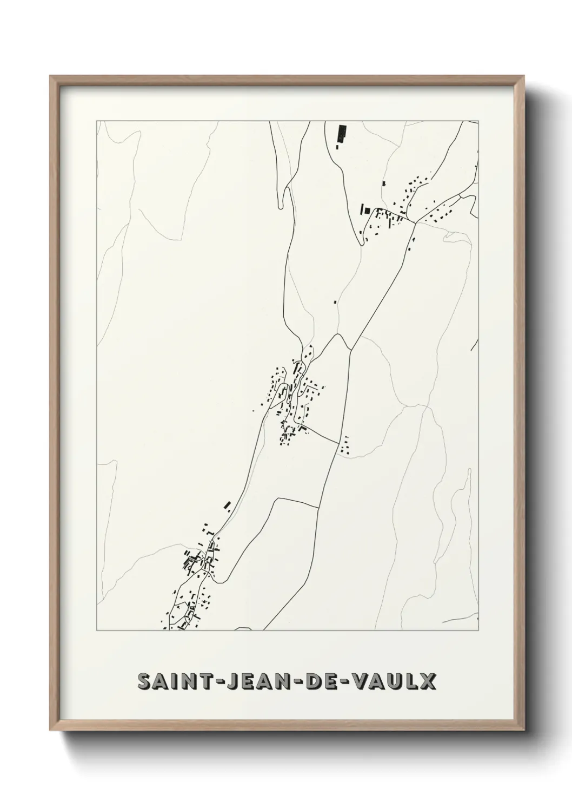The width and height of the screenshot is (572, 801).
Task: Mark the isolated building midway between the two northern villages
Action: [335, 301]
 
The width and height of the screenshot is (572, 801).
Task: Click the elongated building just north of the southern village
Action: [228, 505]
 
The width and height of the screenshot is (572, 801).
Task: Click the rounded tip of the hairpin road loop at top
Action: [280, 205]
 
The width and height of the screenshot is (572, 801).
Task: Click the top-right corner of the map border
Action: [478, 121]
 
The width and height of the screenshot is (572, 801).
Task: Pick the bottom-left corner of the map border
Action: [97, 631]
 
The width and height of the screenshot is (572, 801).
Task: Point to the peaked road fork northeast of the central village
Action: [338, 334]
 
